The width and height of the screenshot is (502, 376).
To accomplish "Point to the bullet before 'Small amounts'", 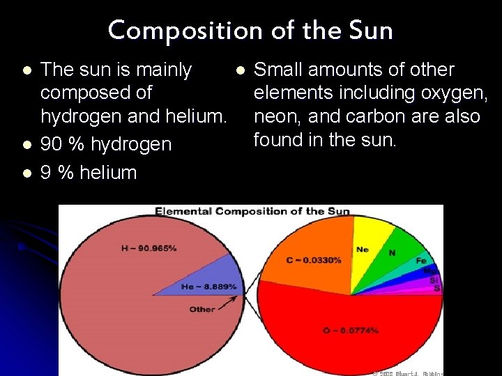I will point(240,70).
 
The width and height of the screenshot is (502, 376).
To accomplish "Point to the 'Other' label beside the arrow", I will point(202,309).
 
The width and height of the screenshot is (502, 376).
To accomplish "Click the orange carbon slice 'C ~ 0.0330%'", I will point(314,260).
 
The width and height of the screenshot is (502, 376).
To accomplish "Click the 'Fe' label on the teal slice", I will point(421,260).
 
